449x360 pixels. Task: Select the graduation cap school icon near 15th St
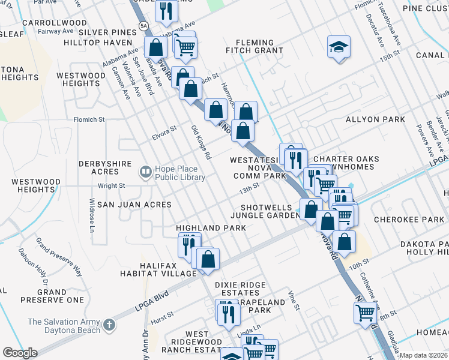(x=339, y=46)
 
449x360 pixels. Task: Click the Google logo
(x=20, y=353)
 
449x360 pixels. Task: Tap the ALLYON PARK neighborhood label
(x=375, y=119)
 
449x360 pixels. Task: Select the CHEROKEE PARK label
(x=408, y=220)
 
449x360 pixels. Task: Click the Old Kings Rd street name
(x=201, y=142)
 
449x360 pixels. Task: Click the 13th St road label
(x=249, y=189)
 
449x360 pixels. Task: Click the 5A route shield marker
(x=143, y=26)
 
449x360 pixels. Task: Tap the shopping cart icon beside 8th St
(x=366, y=311)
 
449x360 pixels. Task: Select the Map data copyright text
(x=423, y=355)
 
